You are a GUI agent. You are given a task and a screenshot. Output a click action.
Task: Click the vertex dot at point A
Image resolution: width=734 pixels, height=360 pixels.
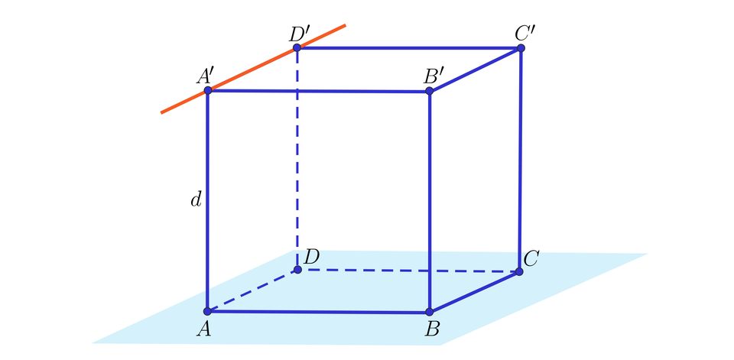pos(207,311)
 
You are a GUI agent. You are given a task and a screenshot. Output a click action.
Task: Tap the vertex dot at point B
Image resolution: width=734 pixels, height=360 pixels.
pos(429,312)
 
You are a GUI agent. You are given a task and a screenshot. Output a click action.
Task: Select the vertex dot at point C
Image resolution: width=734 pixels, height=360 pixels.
pos(519,271)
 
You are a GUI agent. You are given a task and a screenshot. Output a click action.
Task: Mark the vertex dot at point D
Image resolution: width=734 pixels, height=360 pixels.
pos(297,270)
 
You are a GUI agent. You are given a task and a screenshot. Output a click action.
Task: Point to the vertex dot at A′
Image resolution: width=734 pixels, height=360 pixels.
pos(208,90)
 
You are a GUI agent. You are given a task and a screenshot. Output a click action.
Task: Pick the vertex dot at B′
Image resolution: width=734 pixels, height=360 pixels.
pos(429,91)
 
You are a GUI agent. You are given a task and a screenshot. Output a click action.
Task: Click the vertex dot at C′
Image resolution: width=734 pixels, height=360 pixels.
pos(521,47)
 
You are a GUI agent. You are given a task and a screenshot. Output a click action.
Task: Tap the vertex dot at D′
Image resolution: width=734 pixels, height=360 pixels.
pos(297,47)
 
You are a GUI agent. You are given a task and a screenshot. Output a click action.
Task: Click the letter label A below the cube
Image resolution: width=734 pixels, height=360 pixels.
pos(203,329)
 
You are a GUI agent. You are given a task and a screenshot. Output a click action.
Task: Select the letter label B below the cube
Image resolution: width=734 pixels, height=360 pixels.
pos(431,329)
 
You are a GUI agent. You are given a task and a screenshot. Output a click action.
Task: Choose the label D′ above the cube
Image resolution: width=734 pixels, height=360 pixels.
pos(300,33)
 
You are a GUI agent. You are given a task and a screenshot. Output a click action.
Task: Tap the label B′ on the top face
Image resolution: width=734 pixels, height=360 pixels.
pos(434,76)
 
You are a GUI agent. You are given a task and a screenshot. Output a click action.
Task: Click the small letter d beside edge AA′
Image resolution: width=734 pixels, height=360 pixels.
pos(196,200)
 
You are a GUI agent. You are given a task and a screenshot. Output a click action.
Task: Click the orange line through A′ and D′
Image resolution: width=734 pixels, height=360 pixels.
pos(253,69)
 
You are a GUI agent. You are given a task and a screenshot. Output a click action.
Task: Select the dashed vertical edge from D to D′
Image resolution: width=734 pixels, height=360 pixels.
pos(297,159)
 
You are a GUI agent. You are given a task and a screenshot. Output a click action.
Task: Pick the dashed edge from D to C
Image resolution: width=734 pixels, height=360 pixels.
pos(408,271)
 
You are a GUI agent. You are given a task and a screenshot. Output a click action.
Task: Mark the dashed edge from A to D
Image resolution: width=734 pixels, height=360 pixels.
pos(252,290)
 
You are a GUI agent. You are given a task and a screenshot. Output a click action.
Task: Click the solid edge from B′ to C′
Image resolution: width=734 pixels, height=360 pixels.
pos(475,70)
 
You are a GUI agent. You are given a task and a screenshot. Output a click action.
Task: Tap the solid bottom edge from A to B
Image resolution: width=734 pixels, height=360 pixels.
pos(318,312)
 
